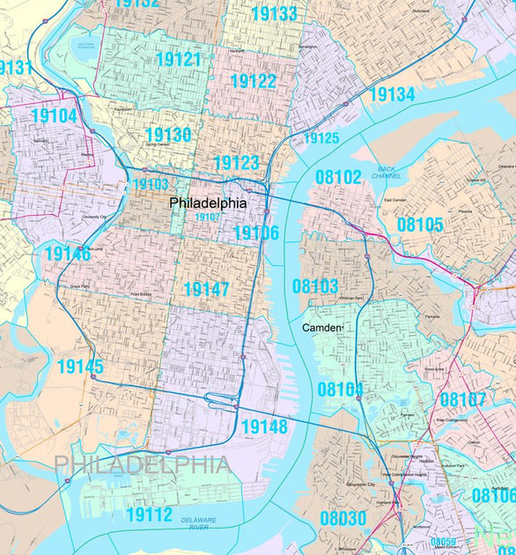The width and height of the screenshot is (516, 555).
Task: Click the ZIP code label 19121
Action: pos(178,60)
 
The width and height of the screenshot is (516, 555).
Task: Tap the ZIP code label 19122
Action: pos(254,81)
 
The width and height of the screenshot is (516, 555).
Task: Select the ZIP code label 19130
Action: pos(167,135)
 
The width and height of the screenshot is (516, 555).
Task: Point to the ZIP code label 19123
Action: pos(236,162)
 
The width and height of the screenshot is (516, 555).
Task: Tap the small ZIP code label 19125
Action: pos(321,138)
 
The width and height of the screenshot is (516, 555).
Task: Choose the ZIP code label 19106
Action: pos(255,233)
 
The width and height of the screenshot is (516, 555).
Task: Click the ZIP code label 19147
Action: pos(206,289)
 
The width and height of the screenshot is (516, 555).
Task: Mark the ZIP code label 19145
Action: pos(80,366)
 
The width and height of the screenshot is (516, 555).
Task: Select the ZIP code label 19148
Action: pos(263,427)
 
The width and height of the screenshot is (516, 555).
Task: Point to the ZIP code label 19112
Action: pos(149,514)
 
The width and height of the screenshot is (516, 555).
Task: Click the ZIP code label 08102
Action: pos(338,177)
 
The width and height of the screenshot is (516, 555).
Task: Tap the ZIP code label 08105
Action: pos(419,225)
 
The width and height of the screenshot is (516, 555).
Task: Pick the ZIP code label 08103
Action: pos(315,286)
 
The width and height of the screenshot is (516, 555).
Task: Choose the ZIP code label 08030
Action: pos(343,518)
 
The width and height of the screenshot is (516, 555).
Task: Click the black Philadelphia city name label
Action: pos(208,203)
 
